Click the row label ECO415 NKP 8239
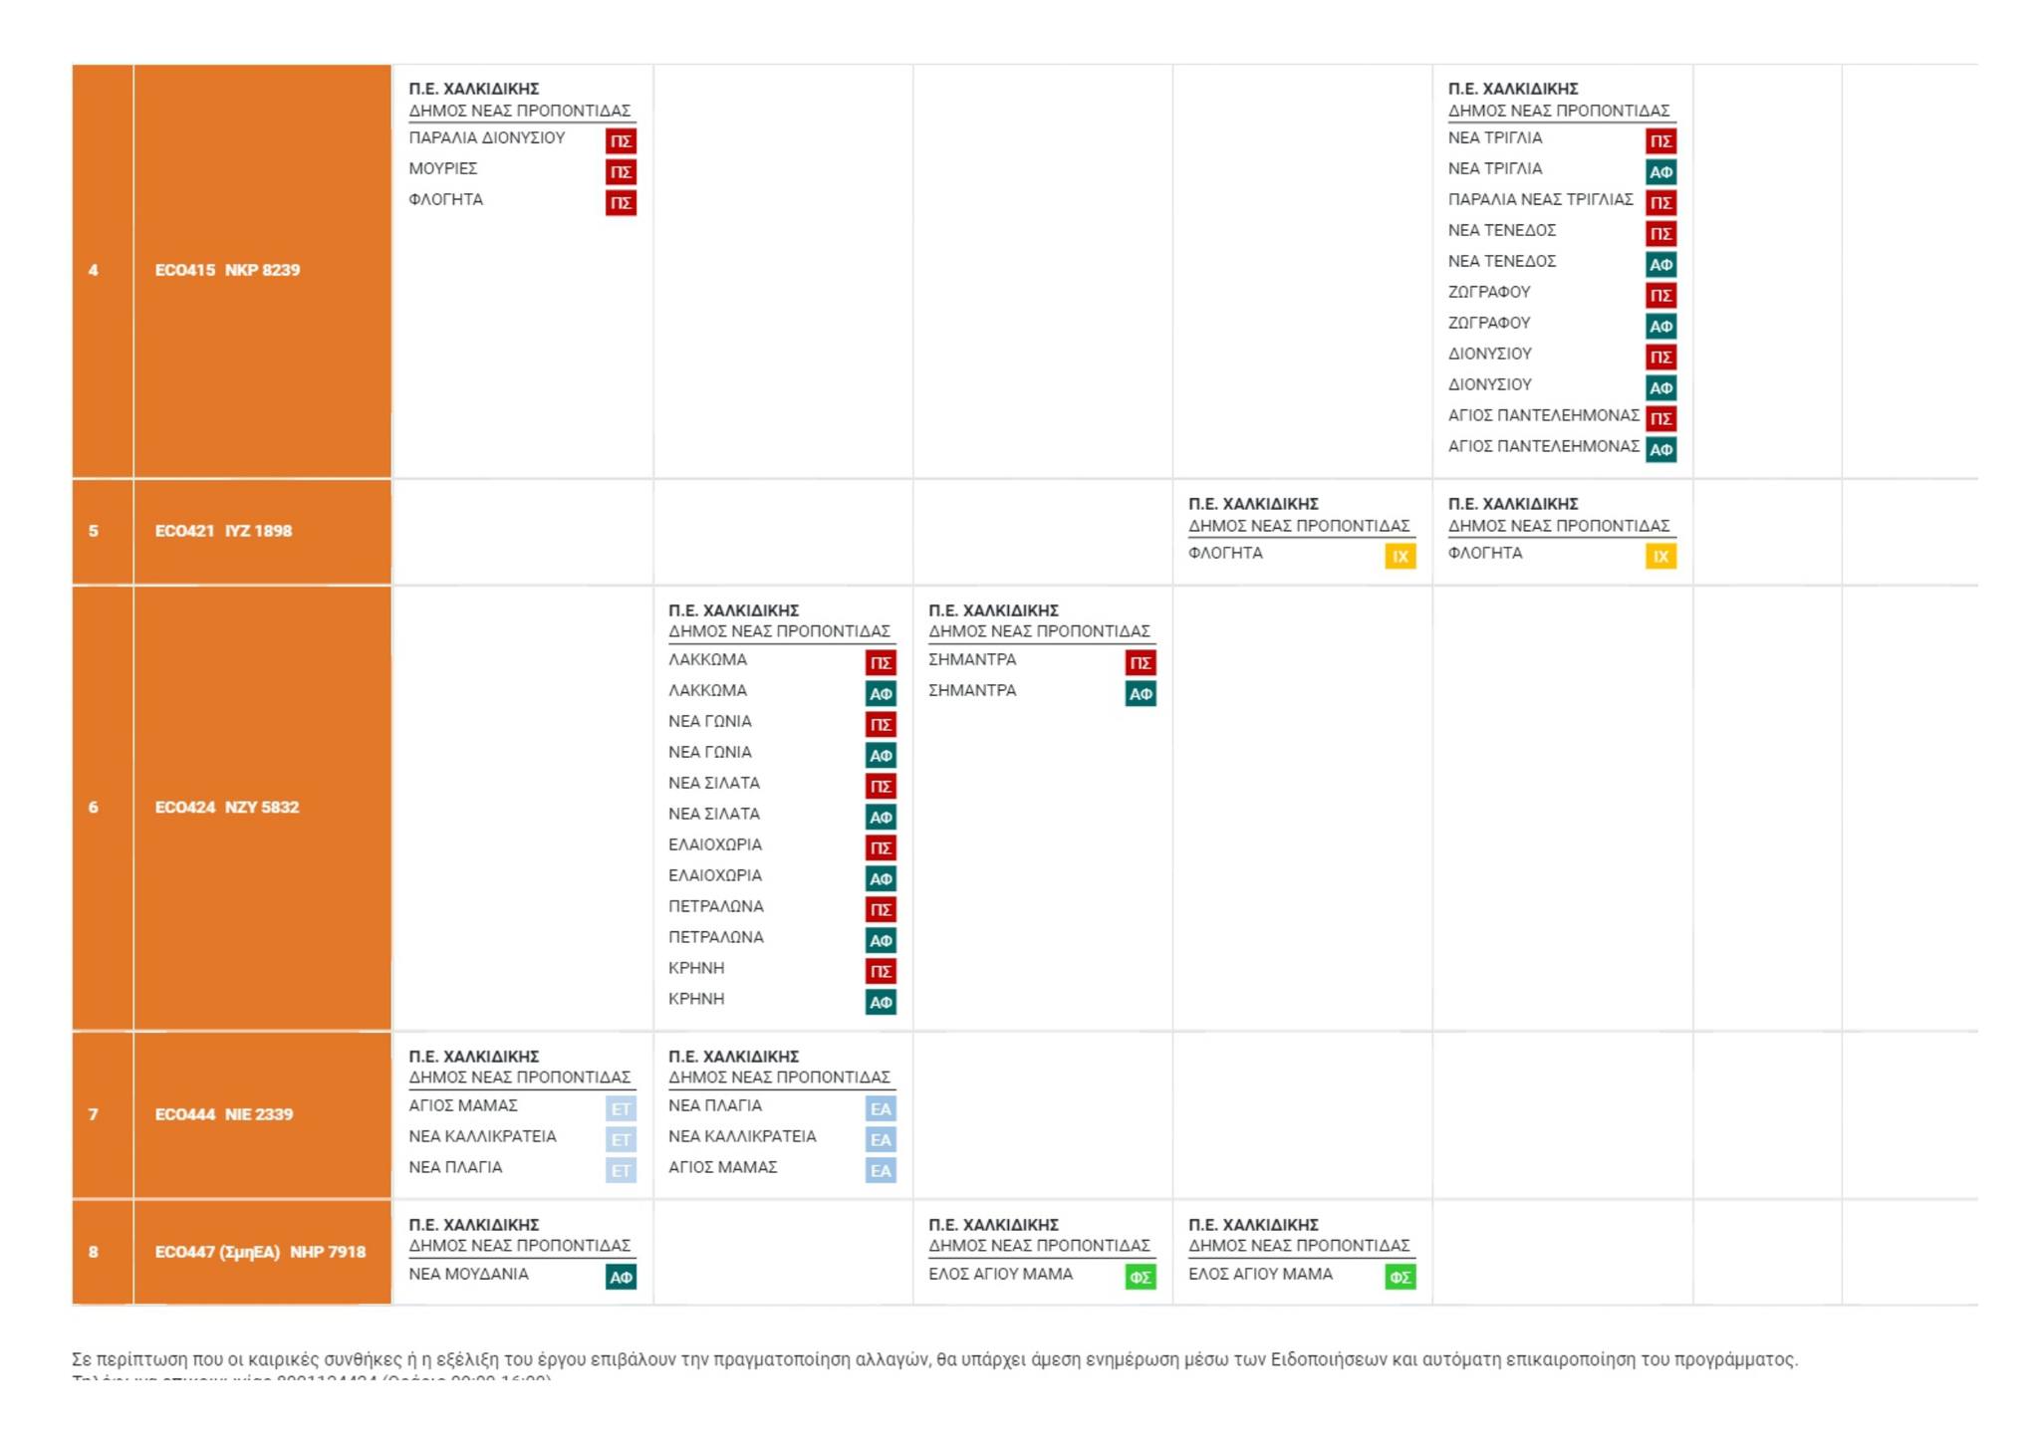pyautogui.click(x=227, y=270)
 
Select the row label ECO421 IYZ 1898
pyautogui.click(x=223, y=531)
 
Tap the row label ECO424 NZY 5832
pyautogui.click(x=227, y=807)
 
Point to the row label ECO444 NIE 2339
pyautogui.click(x=224, y=1114)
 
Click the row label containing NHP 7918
pyautogui.click(x=260, y=1252)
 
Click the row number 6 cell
pyautogui.click(x=94, y=807)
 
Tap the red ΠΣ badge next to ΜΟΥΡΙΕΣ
pyautogui.click(x=621, y=171)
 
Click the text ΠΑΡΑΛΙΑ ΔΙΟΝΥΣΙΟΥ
pyautogui.click(x=486, y=137)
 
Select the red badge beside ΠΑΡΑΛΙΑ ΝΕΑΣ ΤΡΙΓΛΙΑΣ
pyautogui.click(x=1660, y=203)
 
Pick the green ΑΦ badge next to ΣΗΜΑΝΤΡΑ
pyautogui.click(x=1141, y=694)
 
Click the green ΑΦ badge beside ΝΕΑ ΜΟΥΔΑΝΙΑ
pyautogui.click(x=621, y=1277)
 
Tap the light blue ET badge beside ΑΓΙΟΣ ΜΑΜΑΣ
pyautogui.click(x=621, y=1108)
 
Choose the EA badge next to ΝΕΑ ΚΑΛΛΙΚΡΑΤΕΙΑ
pyautogui.click(x=881, y=1139)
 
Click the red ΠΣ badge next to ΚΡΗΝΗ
pyautogui.click(x=881, y=971)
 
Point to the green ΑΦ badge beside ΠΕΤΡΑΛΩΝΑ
pyautogui.click(x=881, y=940)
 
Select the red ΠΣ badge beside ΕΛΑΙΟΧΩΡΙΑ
pyautogui.click(x=881, y=847)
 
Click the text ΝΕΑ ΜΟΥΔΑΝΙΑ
pyautogui.click(x=468, y=1274)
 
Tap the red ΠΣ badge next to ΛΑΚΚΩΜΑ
pyautogui.click(x=881, y=662)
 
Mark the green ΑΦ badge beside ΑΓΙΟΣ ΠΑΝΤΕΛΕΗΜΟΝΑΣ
pyautogui.click(x=1660, y=449)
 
